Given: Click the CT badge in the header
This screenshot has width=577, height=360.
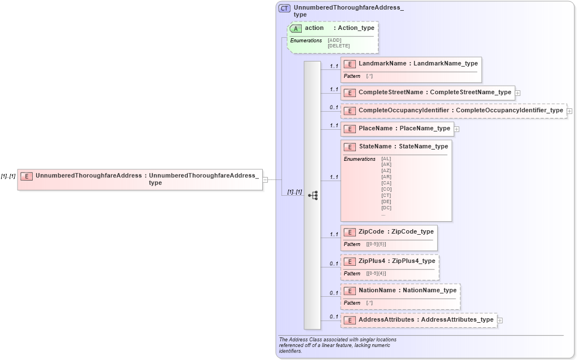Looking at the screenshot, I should [x=285, y=8].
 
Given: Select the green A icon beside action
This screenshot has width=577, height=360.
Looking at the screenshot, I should [x=296, y=28].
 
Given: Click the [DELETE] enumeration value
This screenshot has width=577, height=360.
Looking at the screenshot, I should [x=338, y=46].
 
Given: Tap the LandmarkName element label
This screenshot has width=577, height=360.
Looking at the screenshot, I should [x=382, y=63].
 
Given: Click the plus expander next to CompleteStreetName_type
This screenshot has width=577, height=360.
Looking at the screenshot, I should [x=517, y=93].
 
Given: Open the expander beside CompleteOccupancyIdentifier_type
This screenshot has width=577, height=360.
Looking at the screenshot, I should [x=569, y=111].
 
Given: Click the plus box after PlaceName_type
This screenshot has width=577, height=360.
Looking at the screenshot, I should [x=456, y=129].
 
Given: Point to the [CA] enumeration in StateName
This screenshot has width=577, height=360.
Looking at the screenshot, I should [x=386, y=183].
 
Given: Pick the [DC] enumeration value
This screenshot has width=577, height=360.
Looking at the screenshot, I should [x=386, y=208].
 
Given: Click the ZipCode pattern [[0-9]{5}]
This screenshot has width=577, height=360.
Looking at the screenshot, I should [x=376, y=244].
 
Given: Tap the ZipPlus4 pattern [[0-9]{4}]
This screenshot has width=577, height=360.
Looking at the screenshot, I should [x=376, y=274].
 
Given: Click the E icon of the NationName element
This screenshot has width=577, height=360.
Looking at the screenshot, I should [x=350, y=291].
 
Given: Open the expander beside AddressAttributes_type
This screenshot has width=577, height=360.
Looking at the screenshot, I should [x=500, y=321].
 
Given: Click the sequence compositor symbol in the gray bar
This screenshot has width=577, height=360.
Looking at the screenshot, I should [x=312, y=195].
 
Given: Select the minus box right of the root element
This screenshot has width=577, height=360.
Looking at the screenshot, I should [x=265, y=179].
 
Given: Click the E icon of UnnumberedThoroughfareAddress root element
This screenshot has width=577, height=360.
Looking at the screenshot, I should [x=27, y=176].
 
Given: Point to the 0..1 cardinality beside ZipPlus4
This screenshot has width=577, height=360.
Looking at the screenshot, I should [x=334, y=264].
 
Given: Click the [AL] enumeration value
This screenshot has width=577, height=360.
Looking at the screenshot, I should [x=386, y=159].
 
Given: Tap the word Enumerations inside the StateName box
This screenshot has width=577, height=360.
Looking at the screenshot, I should [x=359, y=159].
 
